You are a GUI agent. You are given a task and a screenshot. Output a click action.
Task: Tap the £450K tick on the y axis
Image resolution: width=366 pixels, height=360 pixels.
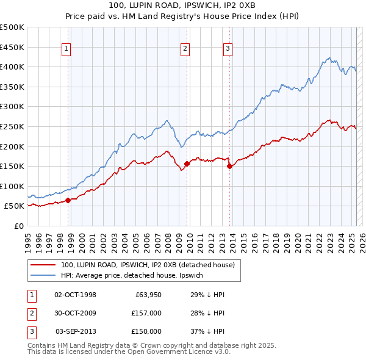[12, 47]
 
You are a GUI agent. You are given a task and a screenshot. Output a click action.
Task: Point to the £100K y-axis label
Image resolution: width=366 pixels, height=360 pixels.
[12, 186]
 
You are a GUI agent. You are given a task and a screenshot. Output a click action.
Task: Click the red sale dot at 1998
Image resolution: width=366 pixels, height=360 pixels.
[68, 200]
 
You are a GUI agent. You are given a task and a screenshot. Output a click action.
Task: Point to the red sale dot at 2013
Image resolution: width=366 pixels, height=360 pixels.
[229, 166]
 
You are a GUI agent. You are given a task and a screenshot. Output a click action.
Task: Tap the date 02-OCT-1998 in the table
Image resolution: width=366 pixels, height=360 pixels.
[76, 295]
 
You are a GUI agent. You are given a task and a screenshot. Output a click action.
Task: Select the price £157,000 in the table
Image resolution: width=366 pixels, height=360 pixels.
[147, 313]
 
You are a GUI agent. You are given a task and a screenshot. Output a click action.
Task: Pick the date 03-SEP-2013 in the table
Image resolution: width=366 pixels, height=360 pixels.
[76, 331]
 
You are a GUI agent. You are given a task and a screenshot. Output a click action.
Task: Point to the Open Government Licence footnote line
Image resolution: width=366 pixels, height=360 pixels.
[129, 352]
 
